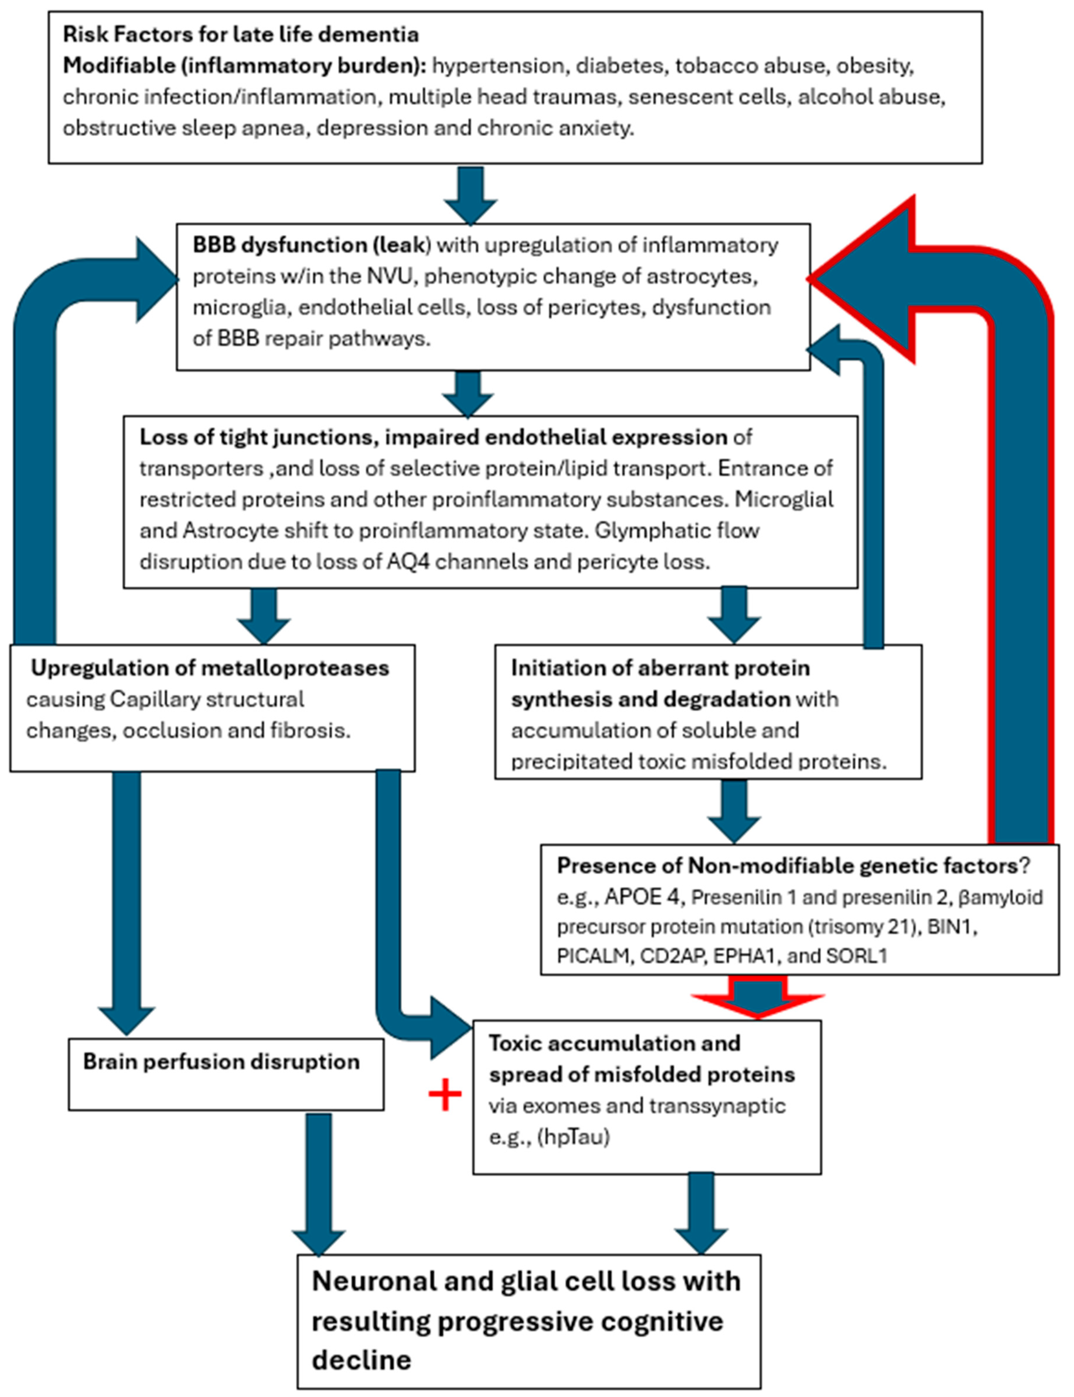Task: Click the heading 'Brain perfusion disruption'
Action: click(221, 1062)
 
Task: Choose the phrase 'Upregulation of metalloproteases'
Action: click(210, 668)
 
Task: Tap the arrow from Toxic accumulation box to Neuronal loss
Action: click(701, 1215)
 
